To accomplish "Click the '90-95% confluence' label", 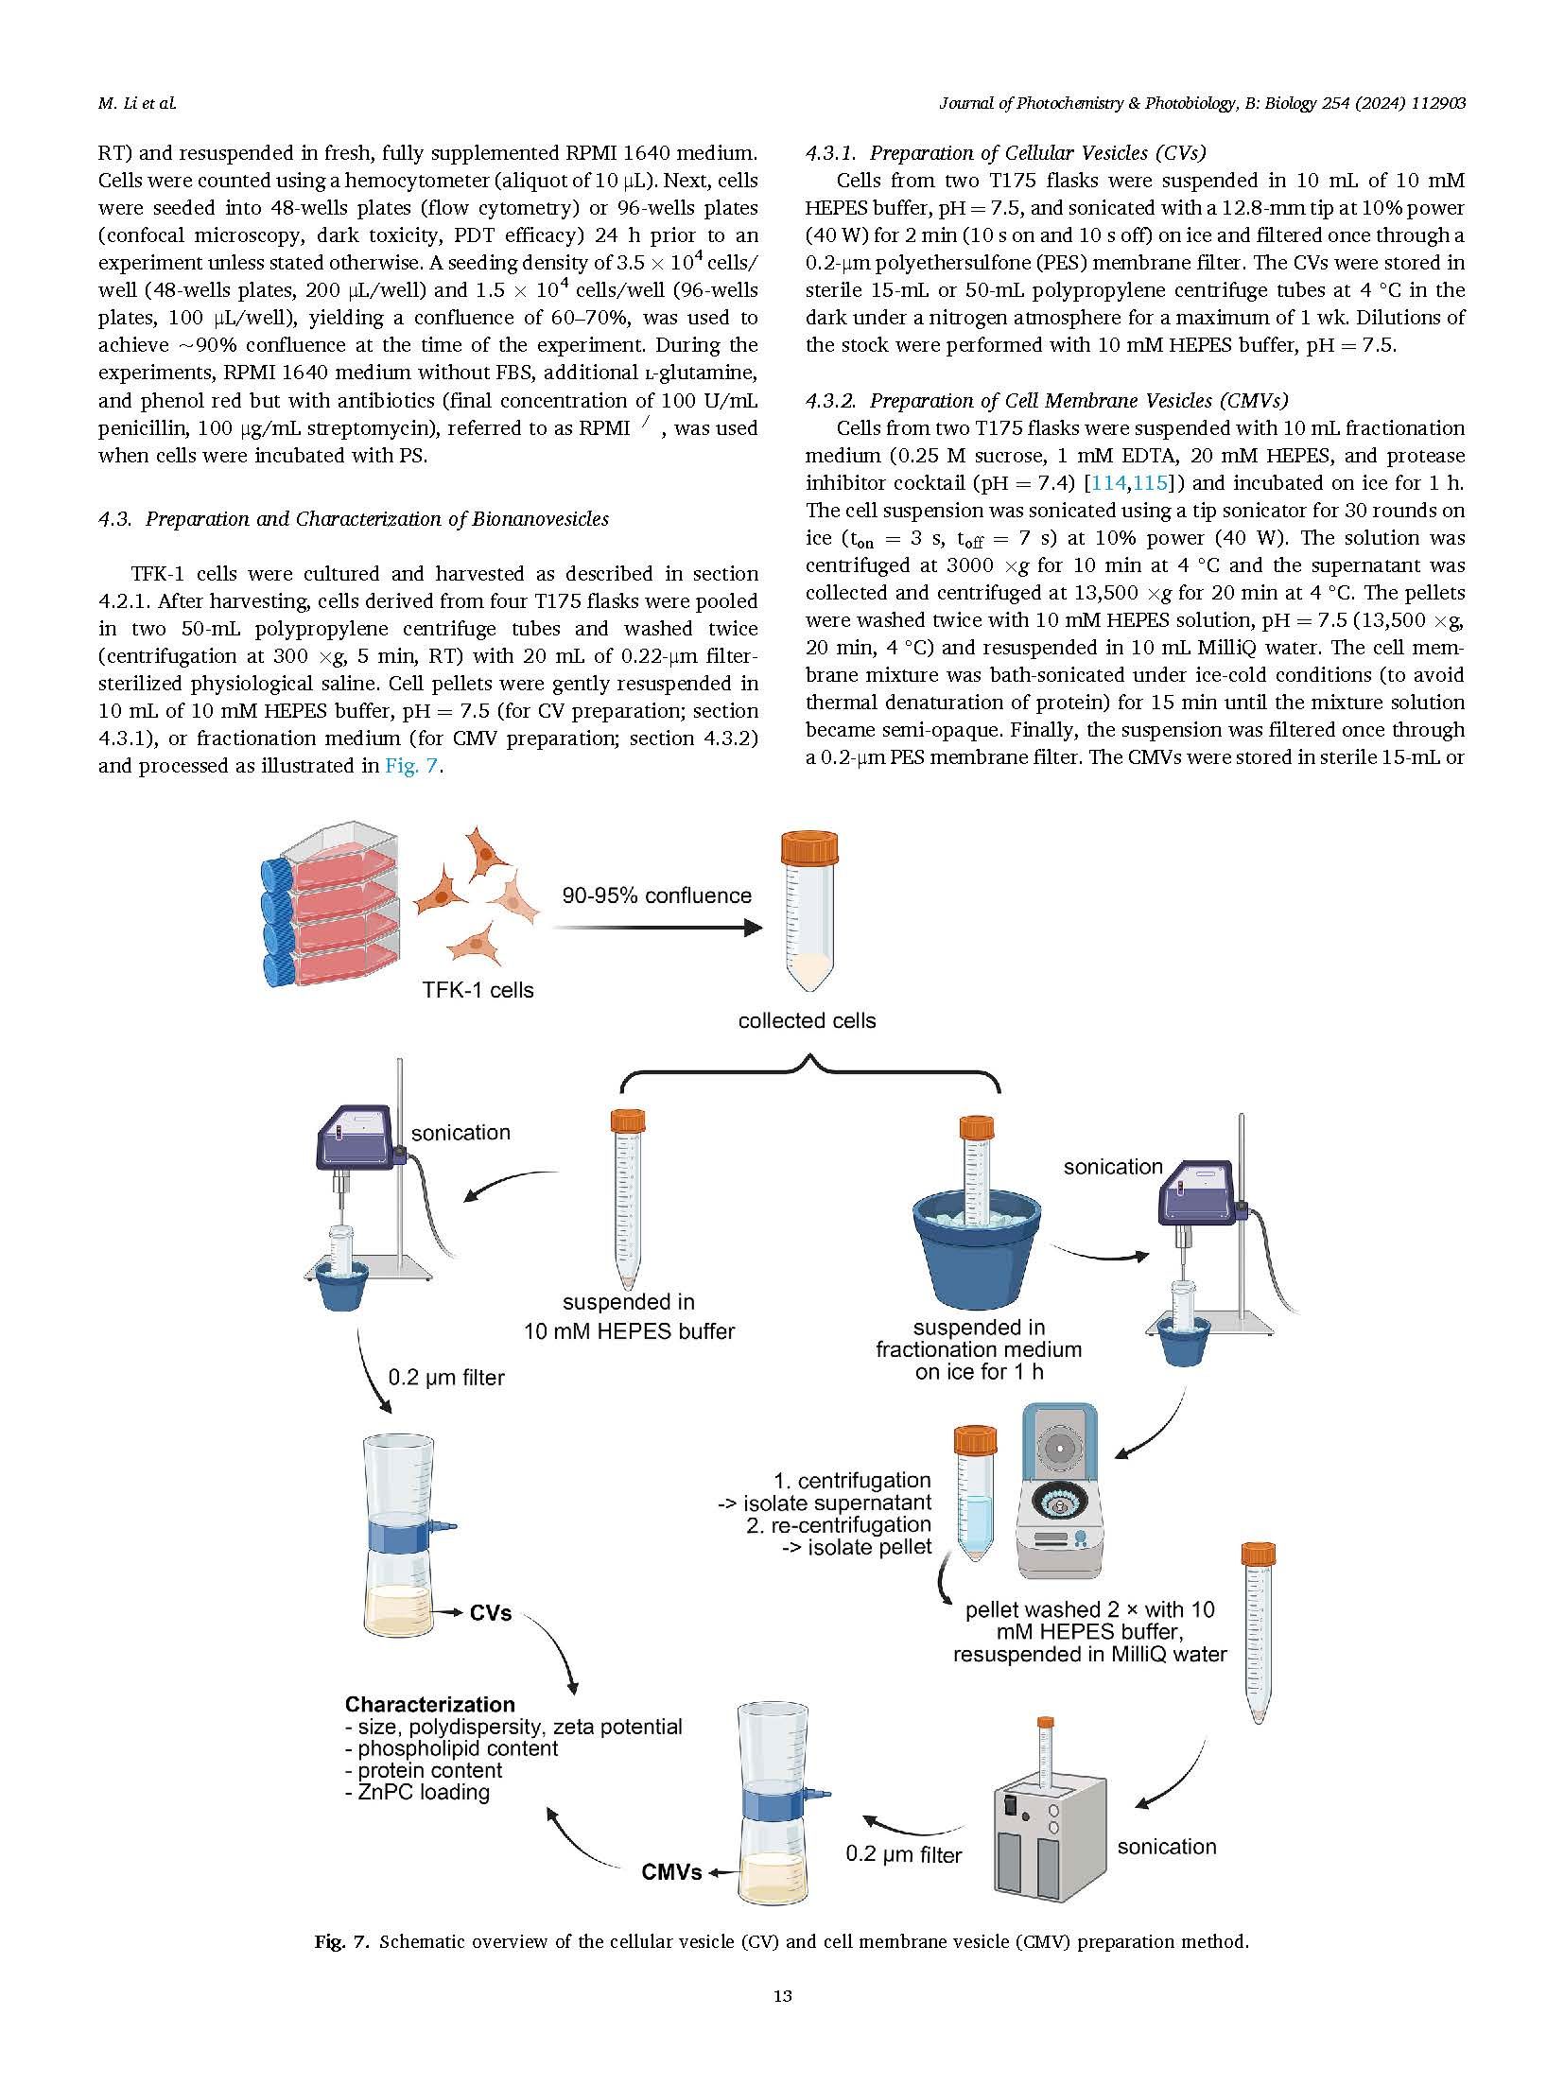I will [x=656, y=895].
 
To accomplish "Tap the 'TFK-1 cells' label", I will [x=478, y=990].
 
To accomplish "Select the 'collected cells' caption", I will [x=807, y=1020].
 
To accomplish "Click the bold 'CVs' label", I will [x=490, y=1612].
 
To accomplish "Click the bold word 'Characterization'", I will [x=429, y=1704].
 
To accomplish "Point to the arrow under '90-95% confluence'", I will [x=656, y=929].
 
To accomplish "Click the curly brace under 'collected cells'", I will [x=808, y=1072].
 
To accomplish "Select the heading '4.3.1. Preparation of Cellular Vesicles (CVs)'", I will [x=1005, y=153].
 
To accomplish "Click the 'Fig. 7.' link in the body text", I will [x=413, y=765].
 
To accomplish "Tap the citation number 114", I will [x=1108, y=483].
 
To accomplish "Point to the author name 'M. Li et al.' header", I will [x=136, y=104].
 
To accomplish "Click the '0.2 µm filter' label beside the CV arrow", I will [x=445, y=1378].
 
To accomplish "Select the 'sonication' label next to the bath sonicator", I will [x=1166, y=1847].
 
